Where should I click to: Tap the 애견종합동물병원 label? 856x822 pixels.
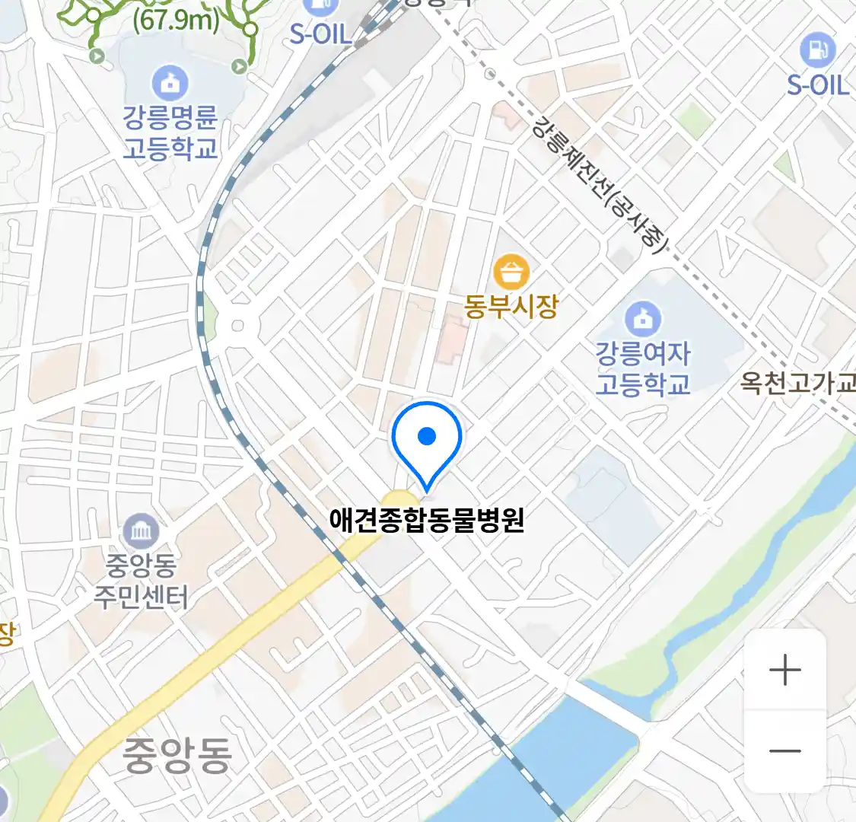pos(427,519)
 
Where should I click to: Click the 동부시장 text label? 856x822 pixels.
pos(511,306)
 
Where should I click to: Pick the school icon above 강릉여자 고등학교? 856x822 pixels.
pos(643,319)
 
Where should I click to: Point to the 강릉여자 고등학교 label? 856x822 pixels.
pos(643,368)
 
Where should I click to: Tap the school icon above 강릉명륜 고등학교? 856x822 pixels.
pos(170,82)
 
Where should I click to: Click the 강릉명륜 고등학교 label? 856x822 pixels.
pos(170,132)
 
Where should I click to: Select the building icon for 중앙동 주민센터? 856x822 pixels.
pos(141,531)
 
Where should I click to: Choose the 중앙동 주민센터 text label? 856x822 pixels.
pos(141,581)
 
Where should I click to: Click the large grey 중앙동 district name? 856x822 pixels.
pos(177,755)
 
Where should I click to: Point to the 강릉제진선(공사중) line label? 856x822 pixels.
pos(601,183)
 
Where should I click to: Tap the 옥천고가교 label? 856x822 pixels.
pos(797,382)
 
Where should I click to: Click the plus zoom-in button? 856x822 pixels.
pos(784,671)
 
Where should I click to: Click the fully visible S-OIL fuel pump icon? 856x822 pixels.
pos(817,50)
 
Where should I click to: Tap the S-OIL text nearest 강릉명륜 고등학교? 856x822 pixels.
pos(320,34)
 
